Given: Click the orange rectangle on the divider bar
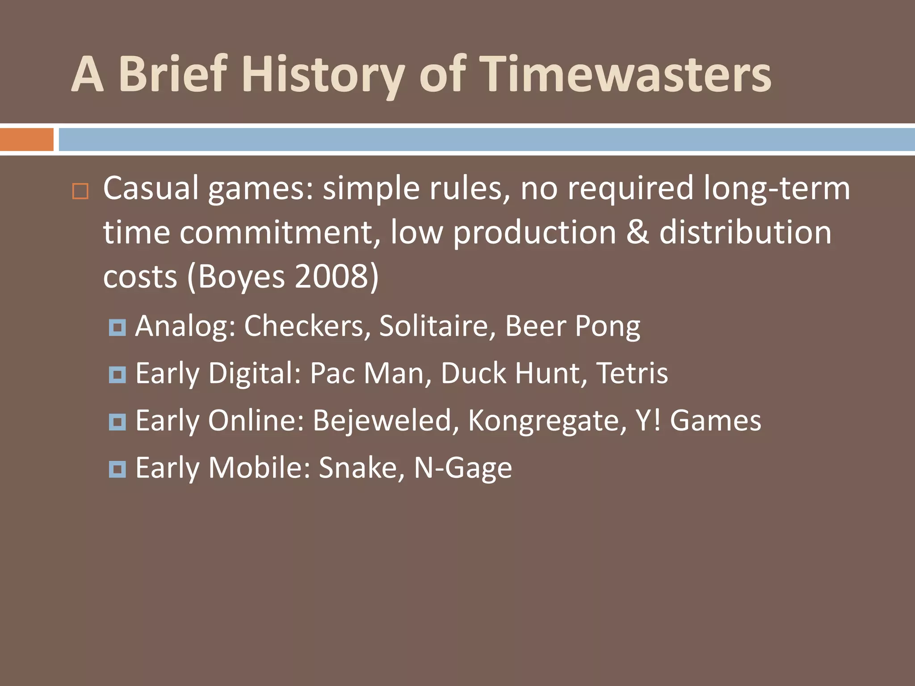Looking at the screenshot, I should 26,139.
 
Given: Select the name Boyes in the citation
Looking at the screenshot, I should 241,276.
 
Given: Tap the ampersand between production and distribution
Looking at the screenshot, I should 638,232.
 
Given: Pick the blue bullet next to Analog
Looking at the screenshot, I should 118,327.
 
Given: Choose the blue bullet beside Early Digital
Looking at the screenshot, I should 118,375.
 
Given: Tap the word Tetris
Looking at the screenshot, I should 632,373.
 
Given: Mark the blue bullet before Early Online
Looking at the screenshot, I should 118,422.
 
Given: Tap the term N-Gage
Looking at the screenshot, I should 463,468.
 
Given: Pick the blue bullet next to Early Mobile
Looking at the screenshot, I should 118,469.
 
